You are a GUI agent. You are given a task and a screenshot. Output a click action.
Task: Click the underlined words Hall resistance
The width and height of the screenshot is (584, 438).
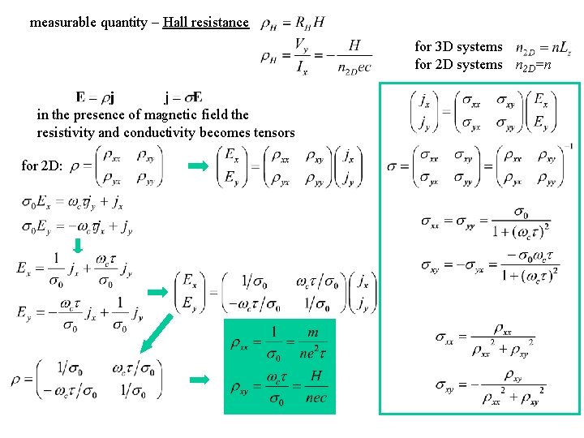click(x=205, y=22)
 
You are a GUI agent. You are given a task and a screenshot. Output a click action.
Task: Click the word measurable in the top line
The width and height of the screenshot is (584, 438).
click(x=62, y=22)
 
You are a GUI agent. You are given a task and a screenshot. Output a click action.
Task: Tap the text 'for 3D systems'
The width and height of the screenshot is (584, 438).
click(x=458, y=47)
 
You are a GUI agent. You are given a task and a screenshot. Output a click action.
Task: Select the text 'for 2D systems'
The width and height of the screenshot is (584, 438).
click(x=458, y=64)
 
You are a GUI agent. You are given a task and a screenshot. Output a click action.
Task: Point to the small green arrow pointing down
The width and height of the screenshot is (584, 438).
click(x=79, y=246)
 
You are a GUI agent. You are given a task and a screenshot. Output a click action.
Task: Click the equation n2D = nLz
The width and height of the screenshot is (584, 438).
click(x=543, y=49)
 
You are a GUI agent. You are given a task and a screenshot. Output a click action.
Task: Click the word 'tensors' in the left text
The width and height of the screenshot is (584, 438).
click(x=273, y=132)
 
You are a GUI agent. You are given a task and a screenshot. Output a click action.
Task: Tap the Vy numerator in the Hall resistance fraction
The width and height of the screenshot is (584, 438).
click(x=301, y=45)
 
